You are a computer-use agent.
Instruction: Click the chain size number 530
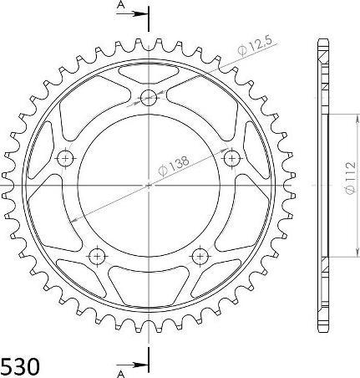(x=19, y=365)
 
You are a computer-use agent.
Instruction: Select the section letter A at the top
(x=121, y=6)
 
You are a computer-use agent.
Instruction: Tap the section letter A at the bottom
(x=122, y=370)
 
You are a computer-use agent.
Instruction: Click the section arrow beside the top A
(x=138, y=14)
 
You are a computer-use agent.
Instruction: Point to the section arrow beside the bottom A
(x=138, y=364)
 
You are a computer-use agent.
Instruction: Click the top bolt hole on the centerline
(x=150, y=97)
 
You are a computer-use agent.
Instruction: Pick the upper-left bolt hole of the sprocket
(x=65, y=157)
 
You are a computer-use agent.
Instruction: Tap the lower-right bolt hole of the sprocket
(x=200, y=255)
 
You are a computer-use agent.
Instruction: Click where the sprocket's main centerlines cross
(x=150, y=186)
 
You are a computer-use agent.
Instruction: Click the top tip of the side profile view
(x=322, y=39)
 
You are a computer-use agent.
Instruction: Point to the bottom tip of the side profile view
(x=322, y=335)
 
